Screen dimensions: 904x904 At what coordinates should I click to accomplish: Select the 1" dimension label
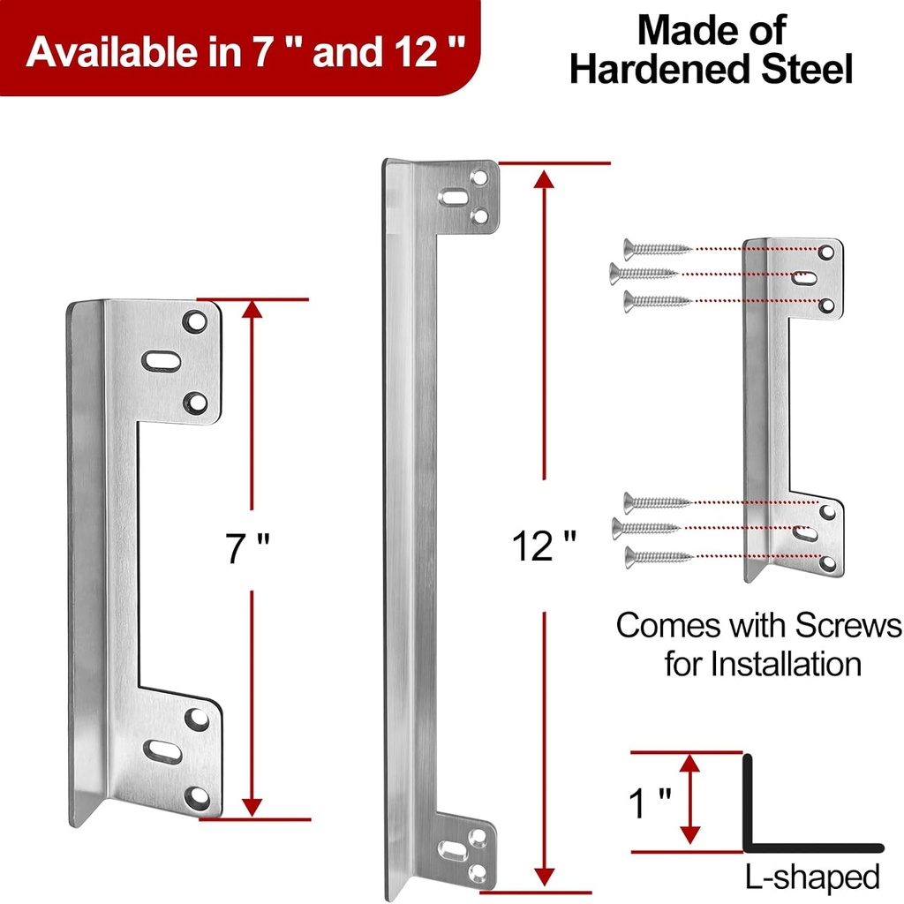click(x=649, y=804)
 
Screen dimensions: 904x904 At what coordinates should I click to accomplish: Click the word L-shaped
click(x=811, y=877)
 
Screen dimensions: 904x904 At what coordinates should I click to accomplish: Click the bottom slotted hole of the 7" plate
click(x=162, y=751)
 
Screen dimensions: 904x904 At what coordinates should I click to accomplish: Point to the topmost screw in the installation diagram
click(x=658, y=249)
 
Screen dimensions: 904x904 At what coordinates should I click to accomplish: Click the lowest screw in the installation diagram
click(x=658, y=556)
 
